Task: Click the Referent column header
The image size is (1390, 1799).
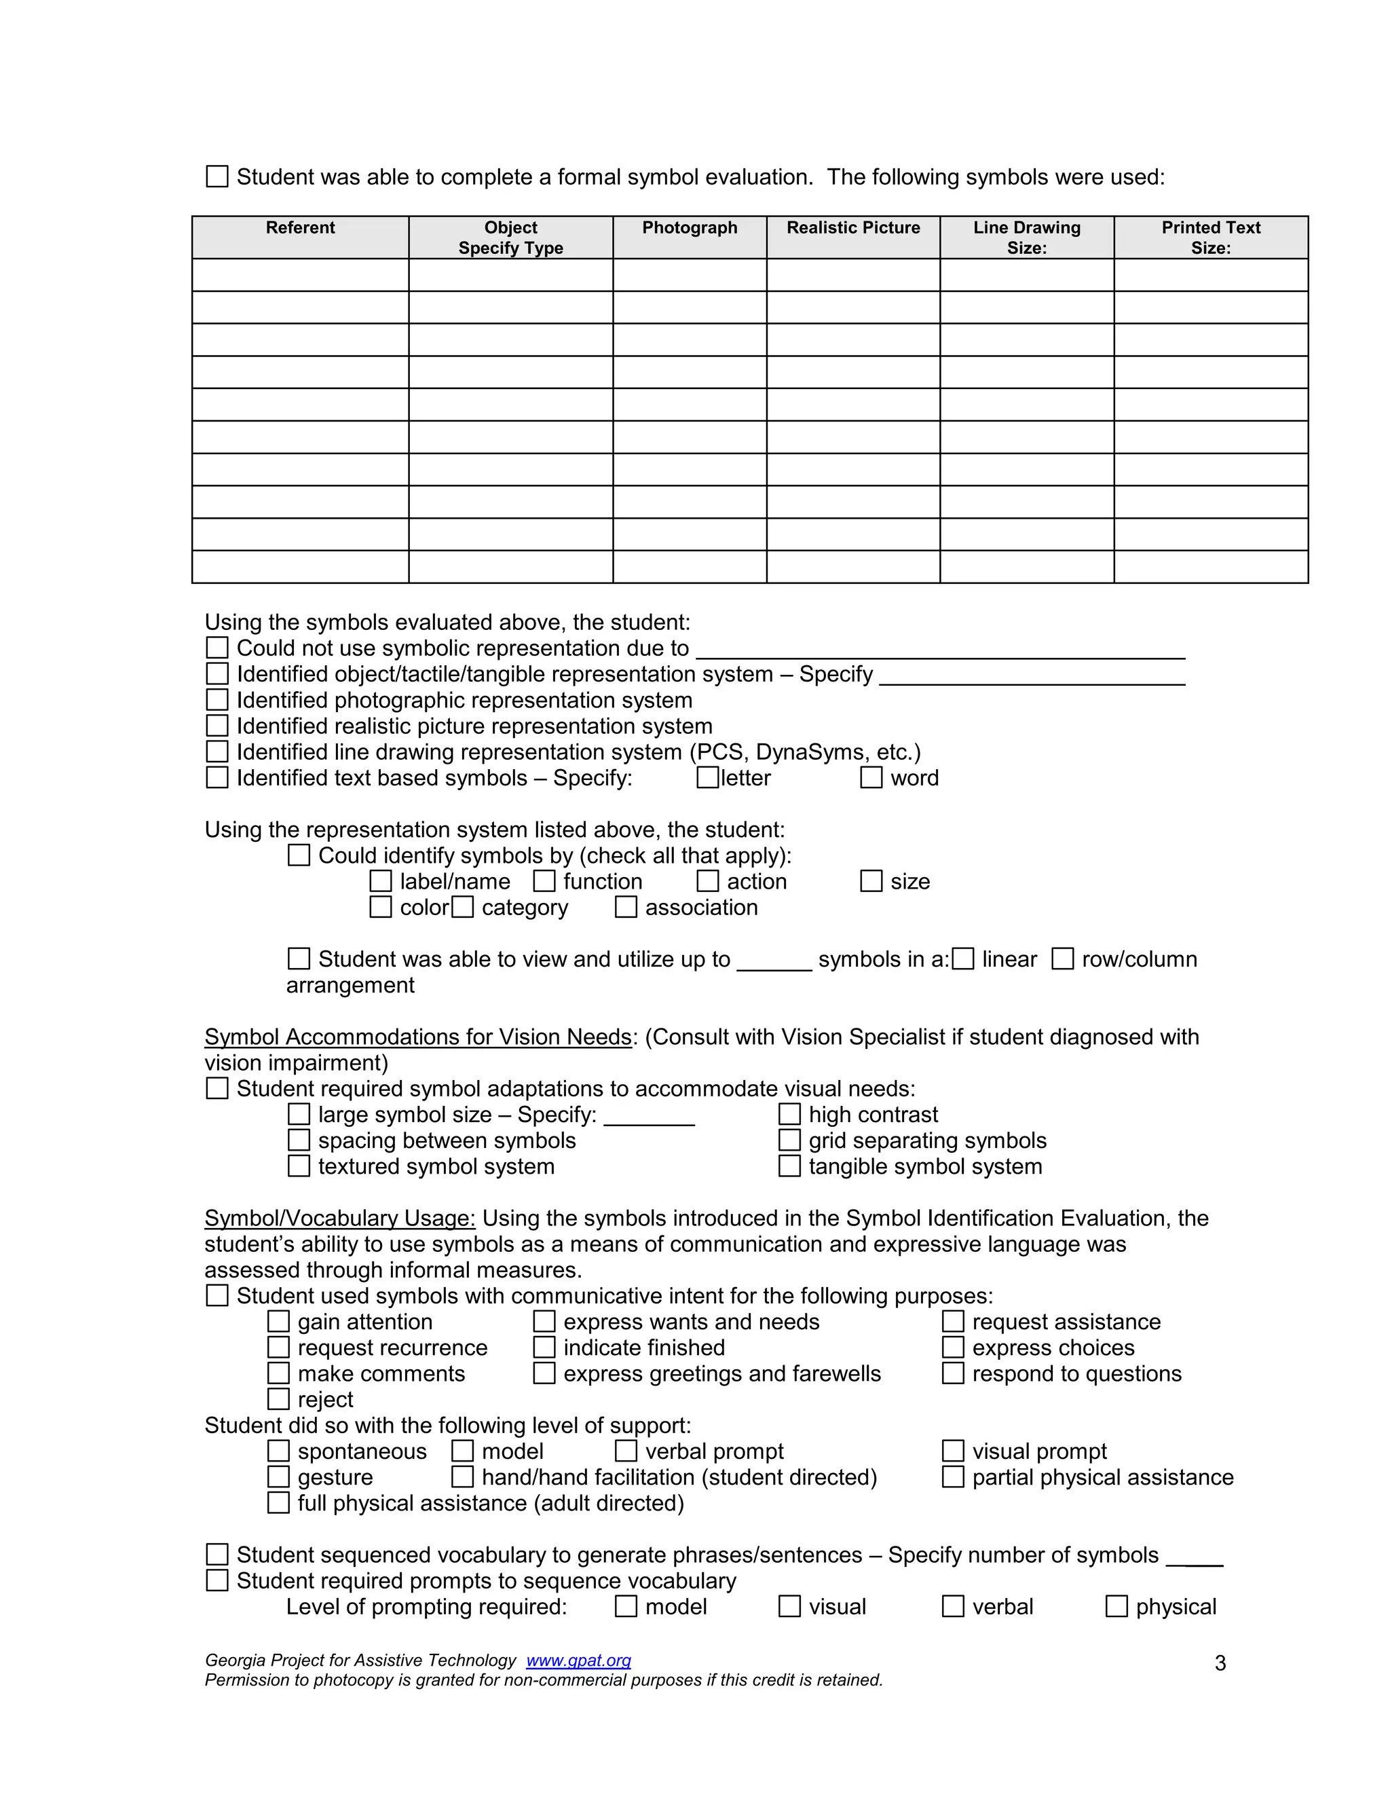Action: pos(300,228)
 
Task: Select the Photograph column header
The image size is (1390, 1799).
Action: pos(690,228)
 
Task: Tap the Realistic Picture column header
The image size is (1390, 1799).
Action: pos(852,228)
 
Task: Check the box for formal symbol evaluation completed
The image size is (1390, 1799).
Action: pos(217,177)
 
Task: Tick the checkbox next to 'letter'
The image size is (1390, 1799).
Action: pos(707,777)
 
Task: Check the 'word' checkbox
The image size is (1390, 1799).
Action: pos(870,777)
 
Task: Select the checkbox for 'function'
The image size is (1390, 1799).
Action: pos(544,881)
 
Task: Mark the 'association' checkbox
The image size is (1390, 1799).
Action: pos(626,907)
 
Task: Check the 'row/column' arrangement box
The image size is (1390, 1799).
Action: pos(1062,959)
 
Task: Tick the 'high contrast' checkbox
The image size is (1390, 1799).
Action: pos(789,1115)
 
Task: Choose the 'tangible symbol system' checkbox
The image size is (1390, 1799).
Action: pos(789,1166)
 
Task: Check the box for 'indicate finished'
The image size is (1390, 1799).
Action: pos(544,1348)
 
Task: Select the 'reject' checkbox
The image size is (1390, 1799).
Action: pos(278,1400)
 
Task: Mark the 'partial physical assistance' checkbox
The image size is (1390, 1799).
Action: pos(953,1477)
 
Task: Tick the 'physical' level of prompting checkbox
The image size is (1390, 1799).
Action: pos(1116,1606)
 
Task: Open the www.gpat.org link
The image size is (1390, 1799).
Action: pos(578,1661)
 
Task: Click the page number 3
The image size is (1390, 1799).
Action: pos(1220,1663)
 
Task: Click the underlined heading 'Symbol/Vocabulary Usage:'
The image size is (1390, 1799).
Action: pos(339,1219)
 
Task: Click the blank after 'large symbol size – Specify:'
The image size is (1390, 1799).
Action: pos(649,1116)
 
